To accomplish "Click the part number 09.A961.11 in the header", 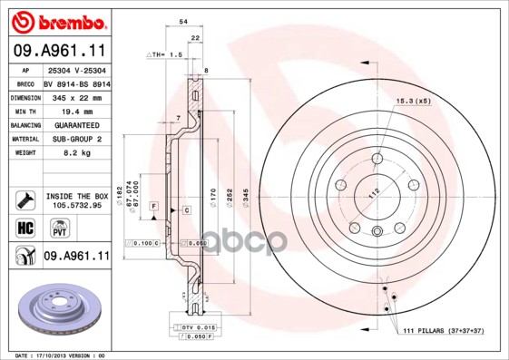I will click(x=60, y=50).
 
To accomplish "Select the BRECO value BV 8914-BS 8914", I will click(x=76, y=82).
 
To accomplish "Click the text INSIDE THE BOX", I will click(x=76, y=196).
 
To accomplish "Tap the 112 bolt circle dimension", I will click(x=371, y=191).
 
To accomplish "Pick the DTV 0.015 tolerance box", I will click(x=191, y=326).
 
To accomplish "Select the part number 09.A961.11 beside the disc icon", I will click(x=76, y=257).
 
